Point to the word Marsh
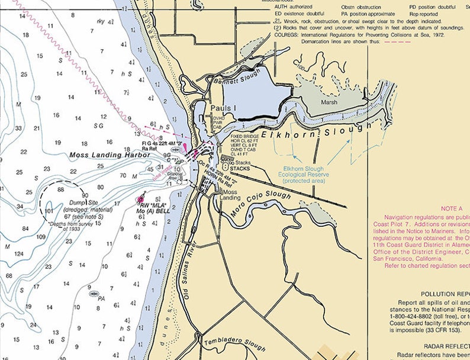329,102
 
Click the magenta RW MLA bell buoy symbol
140,201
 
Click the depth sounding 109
41,237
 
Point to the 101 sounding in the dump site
49,210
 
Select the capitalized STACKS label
240,168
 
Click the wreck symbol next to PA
94,293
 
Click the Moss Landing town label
231,195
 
